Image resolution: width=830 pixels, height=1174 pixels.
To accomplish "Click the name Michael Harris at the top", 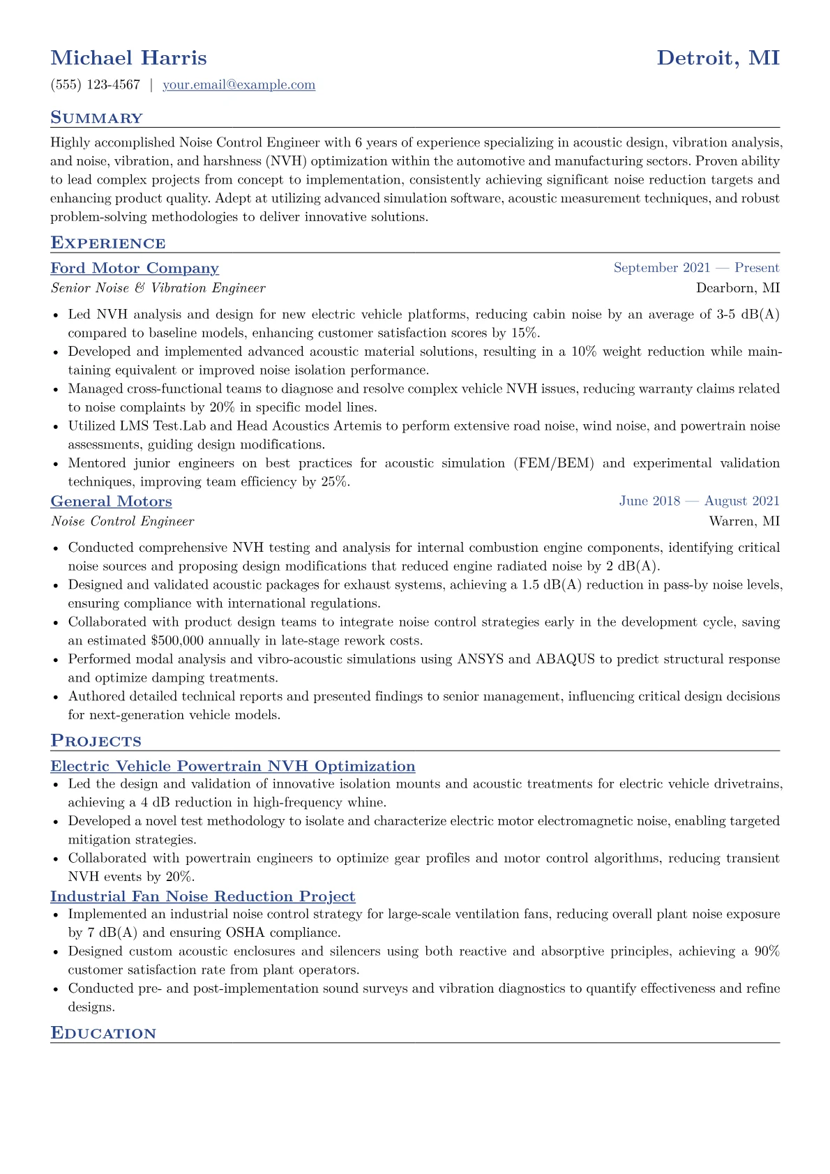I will pos(128,58).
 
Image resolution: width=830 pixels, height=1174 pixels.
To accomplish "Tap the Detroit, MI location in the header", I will pos(718,58).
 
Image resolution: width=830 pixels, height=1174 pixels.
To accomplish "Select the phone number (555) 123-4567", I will pos(95,85).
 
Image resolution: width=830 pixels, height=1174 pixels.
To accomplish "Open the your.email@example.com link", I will pos(239,85).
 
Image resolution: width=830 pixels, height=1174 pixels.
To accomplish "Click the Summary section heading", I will pos(96,118).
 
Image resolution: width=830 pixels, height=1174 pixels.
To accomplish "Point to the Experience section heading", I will pos(108,243).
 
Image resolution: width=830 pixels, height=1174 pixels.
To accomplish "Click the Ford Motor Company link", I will pos(135,269).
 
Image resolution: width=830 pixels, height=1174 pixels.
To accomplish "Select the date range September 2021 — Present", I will pos(696,268).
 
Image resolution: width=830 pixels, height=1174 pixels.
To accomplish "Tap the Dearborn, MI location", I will pos(737,288).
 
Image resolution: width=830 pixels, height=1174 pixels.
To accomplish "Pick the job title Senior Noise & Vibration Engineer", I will pos(158,288).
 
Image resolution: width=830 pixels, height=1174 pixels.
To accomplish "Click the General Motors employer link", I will pos(111,502).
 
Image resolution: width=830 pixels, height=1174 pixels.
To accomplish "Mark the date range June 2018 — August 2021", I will pos(699,501).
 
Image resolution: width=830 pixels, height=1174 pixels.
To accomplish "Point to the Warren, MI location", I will pos(744,521).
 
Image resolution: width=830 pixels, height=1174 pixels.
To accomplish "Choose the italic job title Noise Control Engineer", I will pos(122,521).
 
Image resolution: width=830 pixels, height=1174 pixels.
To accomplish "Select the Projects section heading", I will pos(96,742).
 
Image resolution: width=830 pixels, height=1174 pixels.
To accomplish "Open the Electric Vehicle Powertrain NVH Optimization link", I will pos(232,767).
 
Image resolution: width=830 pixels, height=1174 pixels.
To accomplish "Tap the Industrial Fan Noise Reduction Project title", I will pos(202,897).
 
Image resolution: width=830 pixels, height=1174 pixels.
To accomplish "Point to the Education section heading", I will pos(103,1034).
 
